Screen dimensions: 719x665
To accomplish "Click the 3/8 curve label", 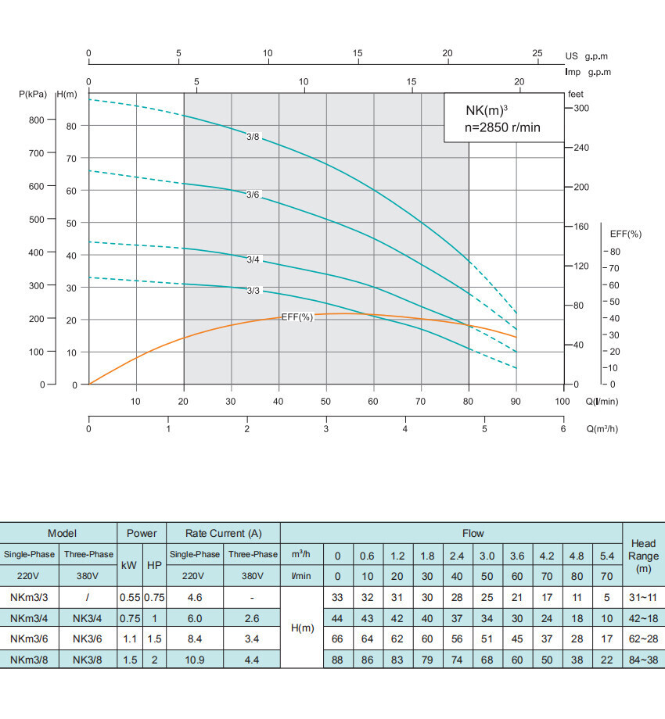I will (x=253, y=138).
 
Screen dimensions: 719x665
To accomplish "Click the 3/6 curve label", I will (x=253, y=195).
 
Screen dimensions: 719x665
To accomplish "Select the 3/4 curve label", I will (x=253, y=259).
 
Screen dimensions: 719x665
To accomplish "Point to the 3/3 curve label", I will (x=253, y=291).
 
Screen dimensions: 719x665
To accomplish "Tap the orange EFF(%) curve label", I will (x=297, y=317).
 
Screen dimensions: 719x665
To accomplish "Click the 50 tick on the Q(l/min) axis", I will (x=326, y=402).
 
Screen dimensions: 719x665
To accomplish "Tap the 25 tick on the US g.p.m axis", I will (x=537, y=53).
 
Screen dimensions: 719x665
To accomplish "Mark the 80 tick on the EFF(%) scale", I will (x=615, y=252).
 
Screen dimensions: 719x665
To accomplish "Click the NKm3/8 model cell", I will (x=30, y=659).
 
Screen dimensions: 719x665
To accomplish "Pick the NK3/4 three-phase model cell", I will (x=88, y=617).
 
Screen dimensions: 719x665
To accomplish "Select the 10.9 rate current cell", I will (x=195, y=659).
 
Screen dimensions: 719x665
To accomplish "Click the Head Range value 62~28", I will (x=642, y=639).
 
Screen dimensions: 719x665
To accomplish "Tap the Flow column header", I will (x=473, y=533).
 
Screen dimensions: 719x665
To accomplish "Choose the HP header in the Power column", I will (x=154, y=563).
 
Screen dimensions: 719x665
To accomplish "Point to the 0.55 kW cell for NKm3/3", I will (x=129, y=597).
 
